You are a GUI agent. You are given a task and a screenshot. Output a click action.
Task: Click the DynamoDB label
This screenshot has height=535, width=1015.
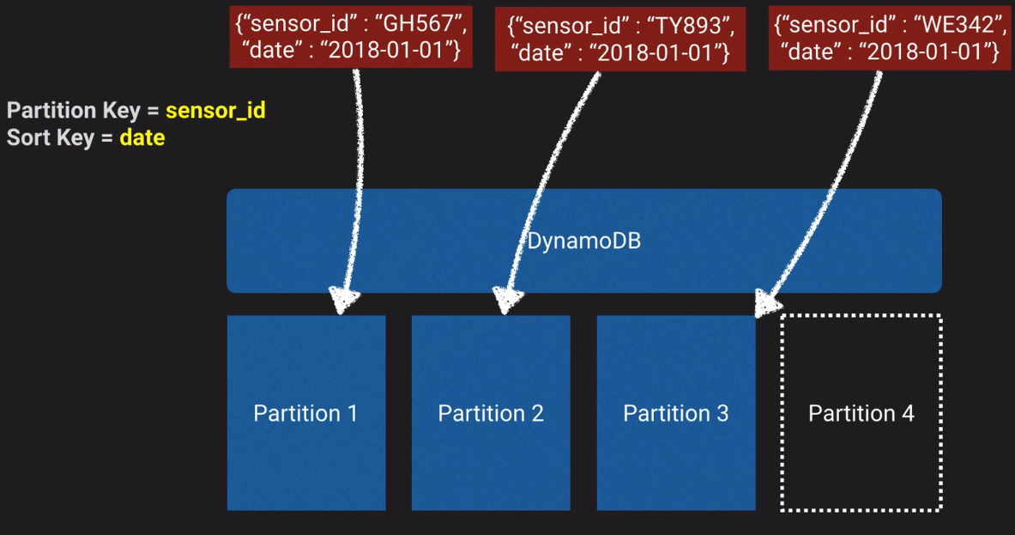(583, 241)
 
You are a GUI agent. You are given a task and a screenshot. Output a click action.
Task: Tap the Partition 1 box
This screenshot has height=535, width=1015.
(305, 413)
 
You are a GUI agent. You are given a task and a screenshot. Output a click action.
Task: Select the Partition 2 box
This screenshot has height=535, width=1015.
(491, 413)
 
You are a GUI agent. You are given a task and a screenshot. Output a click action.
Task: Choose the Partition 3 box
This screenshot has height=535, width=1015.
(675, 413)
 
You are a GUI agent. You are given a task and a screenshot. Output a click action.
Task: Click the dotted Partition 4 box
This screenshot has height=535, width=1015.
(861, 413)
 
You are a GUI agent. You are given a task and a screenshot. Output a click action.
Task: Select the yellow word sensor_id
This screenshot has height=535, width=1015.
(215, 111)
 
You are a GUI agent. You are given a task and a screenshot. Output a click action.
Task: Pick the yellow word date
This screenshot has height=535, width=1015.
(142, 137)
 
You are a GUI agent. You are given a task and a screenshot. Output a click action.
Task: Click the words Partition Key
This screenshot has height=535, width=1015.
(73, 111)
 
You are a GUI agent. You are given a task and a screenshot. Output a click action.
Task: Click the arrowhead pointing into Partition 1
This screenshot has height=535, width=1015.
(344, 301)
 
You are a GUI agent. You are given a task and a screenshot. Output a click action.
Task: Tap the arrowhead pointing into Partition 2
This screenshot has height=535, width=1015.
(507, 301)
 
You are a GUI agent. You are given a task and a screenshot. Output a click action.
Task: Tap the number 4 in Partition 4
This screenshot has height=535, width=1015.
(907, 413)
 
